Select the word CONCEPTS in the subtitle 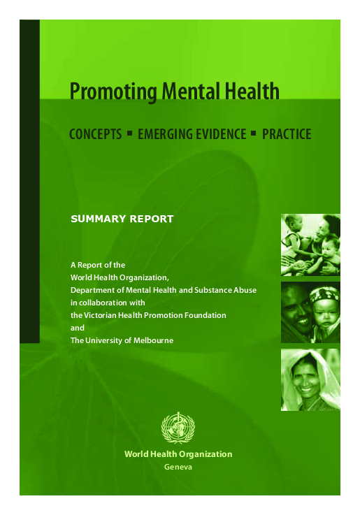tap(95, 133)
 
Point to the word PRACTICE tap(287, 133)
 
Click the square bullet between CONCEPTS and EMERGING tap(129, 132)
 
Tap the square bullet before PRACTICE tap(254, 132)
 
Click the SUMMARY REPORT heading tap(122, 219)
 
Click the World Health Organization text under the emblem tap(178, 454)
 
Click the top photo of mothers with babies tap(310, 245)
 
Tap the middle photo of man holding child tap(310, 312)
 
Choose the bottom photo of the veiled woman tap(310, 379)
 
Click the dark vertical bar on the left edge tap(29, 182)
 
